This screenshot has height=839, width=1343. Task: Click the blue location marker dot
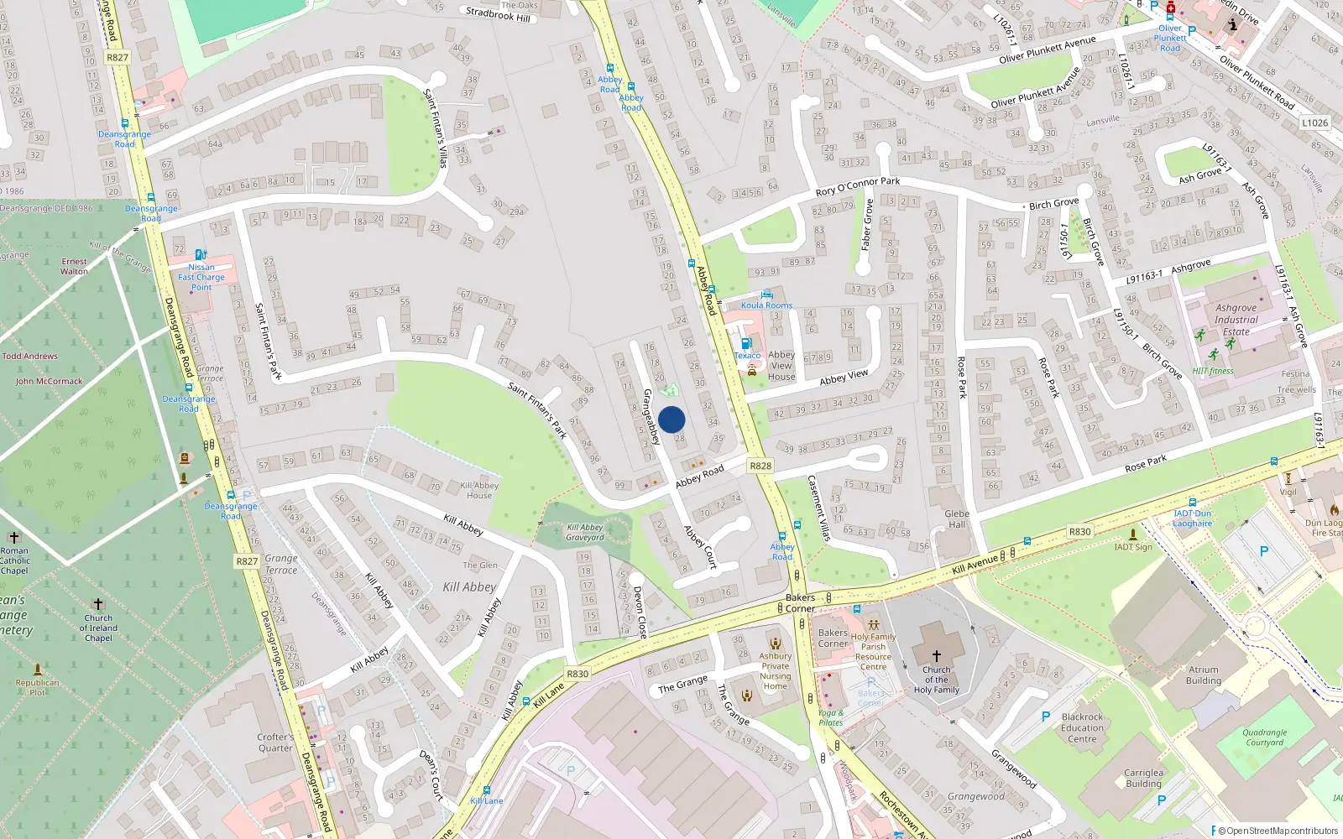(671, 419)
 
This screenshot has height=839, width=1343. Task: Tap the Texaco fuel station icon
(746, 343)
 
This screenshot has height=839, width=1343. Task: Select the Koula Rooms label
(766, 305)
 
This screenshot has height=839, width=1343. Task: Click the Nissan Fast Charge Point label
(201, 277)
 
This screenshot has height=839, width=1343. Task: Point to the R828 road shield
(760, 466)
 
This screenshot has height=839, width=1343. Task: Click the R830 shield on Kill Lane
(577, 674)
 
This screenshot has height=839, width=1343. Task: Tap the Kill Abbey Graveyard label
(584, 533)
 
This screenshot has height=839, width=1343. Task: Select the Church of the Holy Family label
(936, 680)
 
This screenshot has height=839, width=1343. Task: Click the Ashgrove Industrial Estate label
(1236, 320)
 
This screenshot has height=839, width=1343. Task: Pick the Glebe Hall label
(957, 519)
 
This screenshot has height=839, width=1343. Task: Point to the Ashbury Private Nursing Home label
(776, 671)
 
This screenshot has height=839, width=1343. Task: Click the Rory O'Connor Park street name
(858, 186)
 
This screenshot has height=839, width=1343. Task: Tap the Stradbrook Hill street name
(498, 14)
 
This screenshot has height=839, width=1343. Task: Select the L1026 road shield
(1315, 122)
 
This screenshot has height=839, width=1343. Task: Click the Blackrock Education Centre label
(1082, 727)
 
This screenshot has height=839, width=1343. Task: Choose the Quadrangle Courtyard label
(1265, 737)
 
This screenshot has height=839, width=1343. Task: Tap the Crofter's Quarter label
(275, 743)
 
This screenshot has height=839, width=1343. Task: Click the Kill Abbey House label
(479, 490)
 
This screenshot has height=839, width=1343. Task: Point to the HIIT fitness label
(1213, 371)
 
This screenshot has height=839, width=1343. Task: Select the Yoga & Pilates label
(831, 717)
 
